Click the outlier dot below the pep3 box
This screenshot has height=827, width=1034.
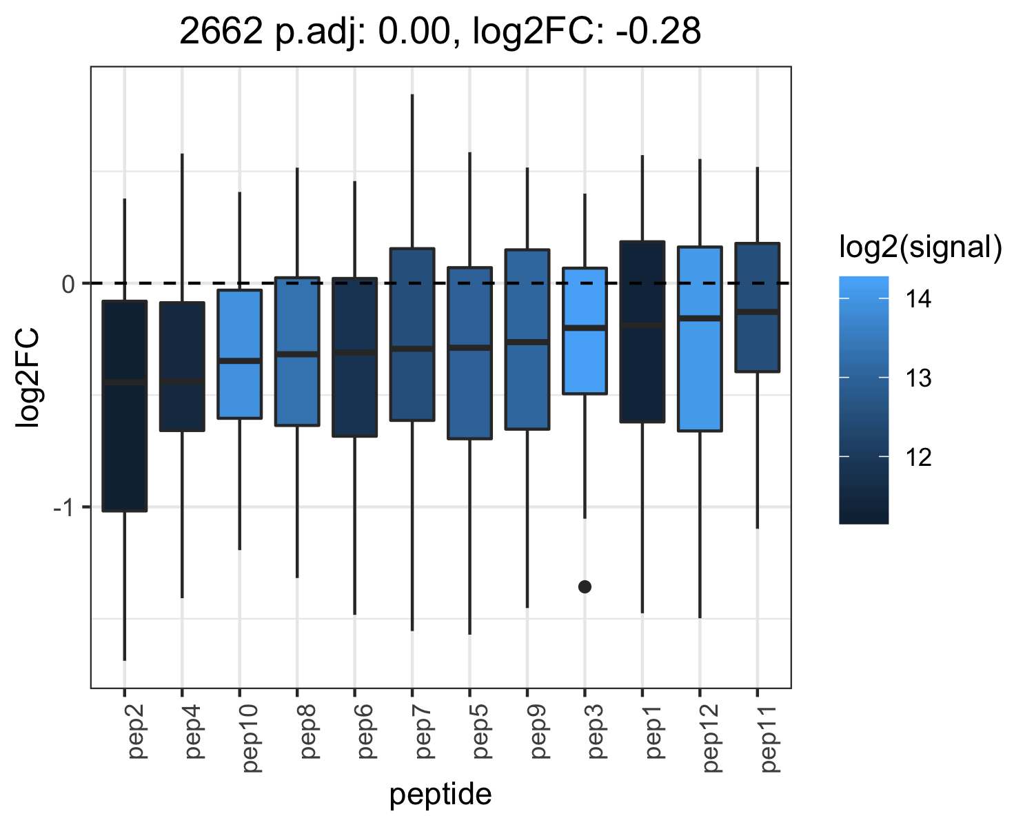coord(585,586)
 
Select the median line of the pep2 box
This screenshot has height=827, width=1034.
coord(125,382)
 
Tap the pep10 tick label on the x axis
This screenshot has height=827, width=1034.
coord(250,739)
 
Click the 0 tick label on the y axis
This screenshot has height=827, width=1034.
coord(68,285)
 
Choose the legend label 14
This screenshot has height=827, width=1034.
coord(918,299)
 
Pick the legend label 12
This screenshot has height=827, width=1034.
coord(918,457)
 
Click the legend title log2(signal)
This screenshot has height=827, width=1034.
coord(921,247)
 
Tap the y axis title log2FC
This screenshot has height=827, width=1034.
coord(28,378)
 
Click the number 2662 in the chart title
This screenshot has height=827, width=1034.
coord(221,32)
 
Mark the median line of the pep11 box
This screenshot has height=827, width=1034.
coord(758,312)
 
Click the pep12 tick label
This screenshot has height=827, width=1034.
coord(711,739)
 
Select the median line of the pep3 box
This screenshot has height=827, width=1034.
coord(585,328)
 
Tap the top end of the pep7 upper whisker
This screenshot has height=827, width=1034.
coord(412,94)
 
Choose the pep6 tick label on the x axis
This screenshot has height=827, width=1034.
coord(365,732)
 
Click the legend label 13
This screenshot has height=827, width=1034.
coord(918,378)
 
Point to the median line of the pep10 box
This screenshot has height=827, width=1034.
coord(240,360)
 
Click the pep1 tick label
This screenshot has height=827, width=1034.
coord(653,732)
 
